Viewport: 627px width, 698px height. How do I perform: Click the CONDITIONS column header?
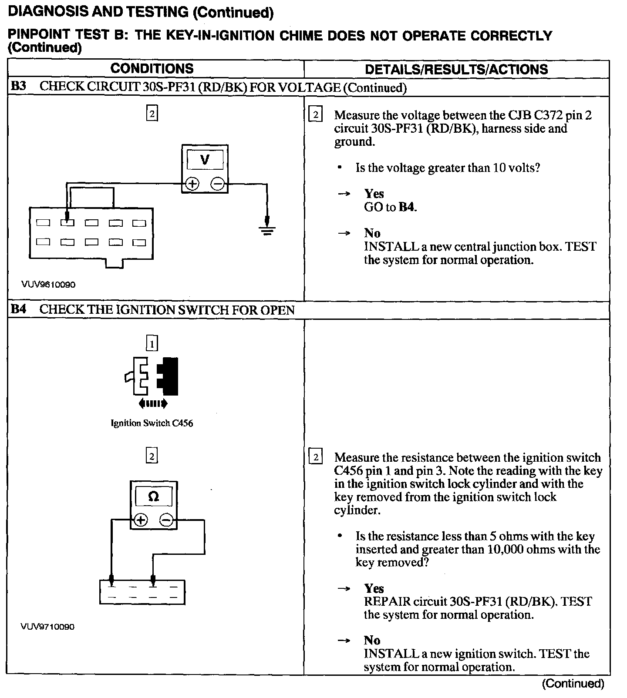[x=152, y=69]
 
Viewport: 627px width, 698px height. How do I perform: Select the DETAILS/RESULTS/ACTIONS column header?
[x=456, y=70]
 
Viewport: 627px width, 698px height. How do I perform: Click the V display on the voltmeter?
[x=205, y=160]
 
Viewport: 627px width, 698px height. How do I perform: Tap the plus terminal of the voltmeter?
[x=192, y=184]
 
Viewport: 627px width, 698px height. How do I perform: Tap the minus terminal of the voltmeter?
[x=217, y=184]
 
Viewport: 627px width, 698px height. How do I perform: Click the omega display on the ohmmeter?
[x=153, y=496]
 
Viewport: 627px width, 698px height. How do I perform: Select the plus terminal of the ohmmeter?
[x=141, y=520]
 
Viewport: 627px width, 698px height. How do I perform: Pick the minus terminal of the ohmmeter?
[x=166, y=520]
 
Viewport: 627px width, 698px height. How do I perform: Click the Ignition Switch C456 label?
[x=152, y=423]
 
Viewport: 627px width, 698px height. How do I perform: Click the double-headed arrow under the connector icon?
[x=152, y=404]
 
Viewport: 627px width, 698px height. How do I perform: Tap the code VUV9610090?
[x=48, y=285]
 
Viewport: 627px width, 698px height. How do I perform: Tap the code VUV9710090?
[x=47, y=627]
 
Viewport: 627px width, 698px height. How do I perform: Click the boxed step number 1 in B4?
[x=152, y=343]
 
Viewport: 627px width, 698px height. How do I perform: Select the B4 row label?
[x=19, y=309]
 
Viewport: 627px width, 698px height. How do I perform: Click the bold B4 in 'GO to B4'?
[x=407, y=207]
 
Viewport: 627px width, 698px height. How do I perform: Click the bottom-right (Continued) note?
[x=573, y=684]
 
